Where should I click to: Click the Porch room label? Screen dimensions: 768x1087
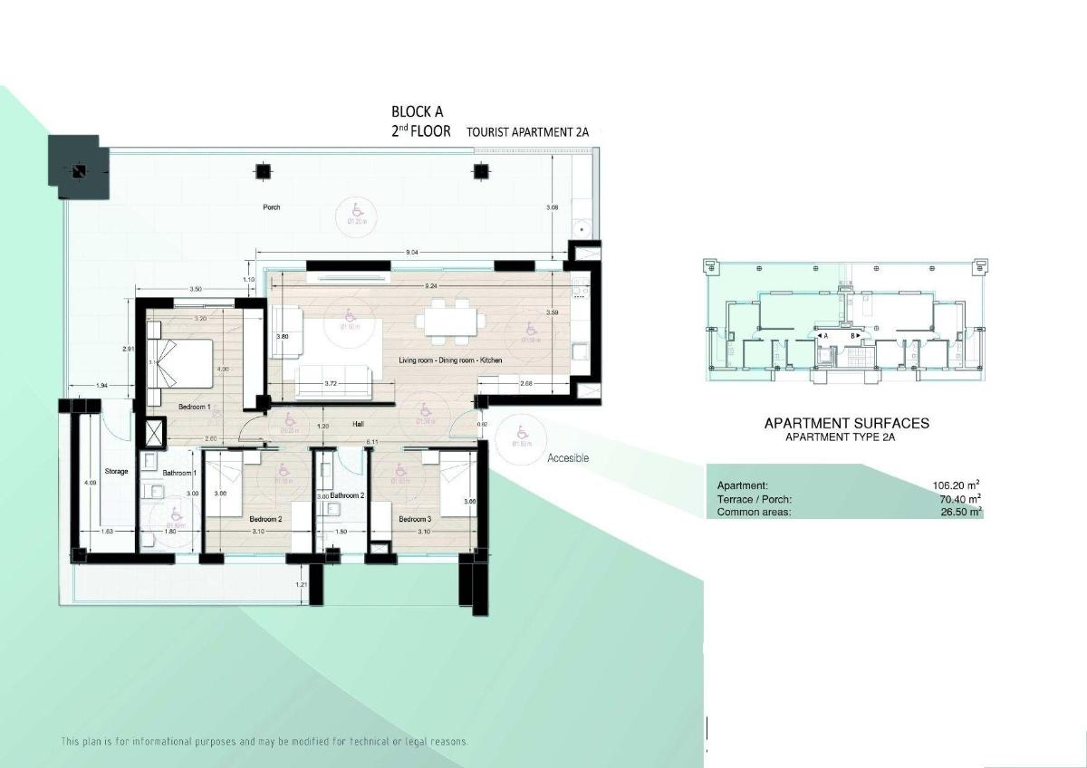pos(272,207)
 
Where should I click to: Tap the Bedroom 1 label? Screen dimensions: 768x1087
pos(194,408)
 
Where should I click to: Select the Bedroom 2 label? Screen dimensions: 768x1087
pos(265,519)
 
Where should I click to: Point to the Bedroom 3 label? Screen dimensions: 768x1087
pos(415,519)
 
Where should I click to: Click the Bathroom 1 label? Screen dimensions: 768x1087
pos(179,473)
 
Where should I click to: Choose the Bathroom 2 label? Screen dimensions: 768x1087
pos(347,496)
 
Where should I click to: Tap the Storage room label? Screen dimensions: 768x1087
pos(117,472)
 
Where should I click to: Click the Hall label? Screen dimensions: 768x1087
pos(359,424)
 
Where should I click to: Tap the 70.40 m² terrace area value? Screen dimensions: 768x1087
pos(960,499)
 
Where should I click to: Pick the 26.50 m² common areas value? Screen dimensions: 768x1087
pos(961,513)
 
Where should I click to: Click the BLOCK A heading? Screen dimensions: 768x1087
pos(417,112)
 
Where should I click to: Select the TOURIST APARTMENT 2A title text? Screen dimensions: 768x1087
pos(527,132)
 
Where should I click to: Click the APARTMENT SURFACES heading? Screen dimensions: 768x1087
pos(846,423)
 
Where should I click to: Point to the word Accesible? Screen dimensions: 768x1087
pos(568,458)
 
